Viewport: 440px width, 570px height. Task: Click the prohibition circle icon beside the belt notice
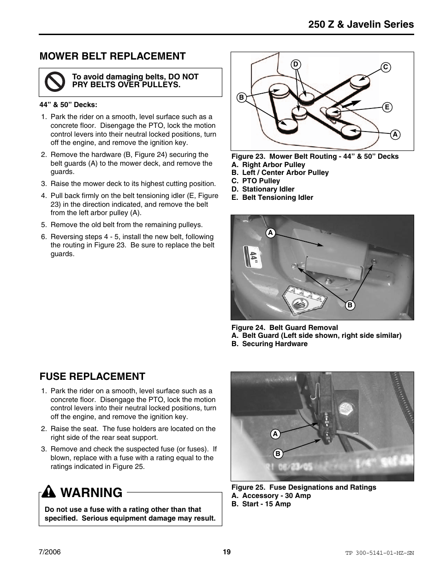pyautogui.click(x=55, y=82)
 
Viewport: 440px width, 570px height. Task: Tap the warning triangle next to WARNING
pyautogui.click(x=48, y=493)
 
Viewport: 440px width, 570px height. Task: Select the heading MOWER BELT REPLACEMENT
pyautogui.click(x=113, y=56)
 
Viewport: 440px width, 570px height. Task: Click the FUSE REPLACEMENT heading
pyautogui.click(x=92, y=377)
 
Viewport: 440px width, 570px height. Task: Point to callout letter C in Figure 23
pyautogui.click(x=386, y=67)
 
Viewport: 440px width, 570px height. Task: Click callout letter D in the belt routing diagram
pyautogui.click(x=296, y=64)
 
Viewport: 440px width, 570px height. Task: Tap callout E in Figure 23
pyautogui.click(x=387, y=107)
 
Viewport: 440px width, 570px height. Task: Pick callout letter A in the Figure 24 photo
pyautogui.click(x=271, y=233)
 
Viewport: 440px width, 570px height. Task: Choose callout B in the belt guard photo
pyautogui.click(x=350, y=305)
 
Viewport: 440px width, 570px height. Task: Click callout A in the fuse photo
pyautogui.click(x=275, y=434)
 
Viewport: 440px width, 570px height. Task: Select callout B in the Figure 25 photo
pyautogui.click(x=278, y=454)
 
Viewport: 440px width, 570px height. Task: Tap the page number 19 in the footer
pyautogui.click(x=226, y=552)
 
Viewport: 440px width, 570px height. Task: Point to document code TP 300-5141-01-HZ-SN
pyautogui.click(x=379, y=553)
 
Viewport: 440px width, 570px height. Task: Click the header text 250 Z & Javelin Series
pyautogui.click(x=361, y=24)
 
